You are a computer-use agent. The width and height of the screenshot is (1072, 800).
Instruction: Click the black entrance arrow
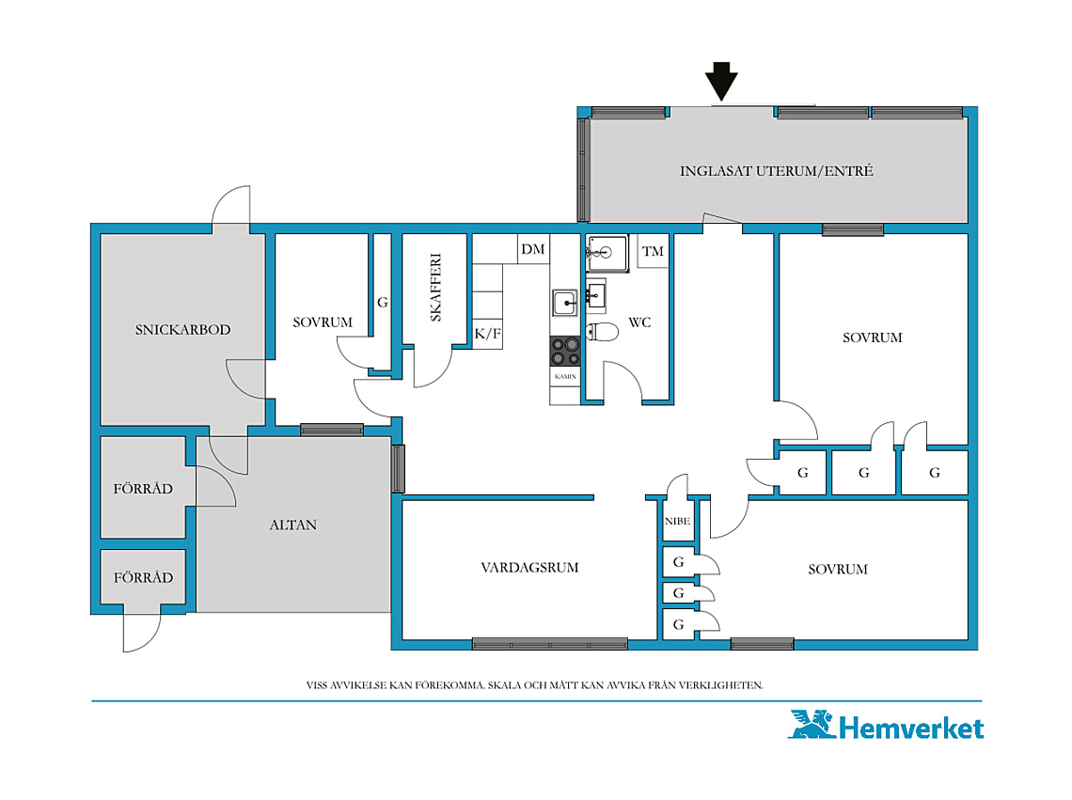coord(722,81)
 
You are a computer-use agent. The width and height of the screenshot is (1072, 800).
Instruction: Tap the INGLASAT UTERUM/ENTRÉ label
coord(776,171)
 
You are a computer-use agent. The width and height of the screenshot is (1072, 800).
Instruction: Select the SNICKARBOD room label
coord(182,330)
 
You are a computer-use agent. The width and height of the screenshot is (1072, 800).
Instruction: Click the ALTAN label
coord(293,525)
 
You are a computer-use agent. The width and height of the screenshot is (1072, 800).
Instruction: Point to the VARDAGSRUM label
coord(529,568)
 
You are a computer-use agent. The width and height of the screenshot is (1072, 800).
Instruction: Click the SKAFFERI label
coord(435,287)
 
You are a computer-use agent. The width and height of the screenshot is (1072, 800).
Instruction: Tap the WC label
coord(640,322)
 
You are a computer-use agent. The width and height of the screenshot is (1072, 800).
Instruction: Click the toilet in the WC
coord(602,332)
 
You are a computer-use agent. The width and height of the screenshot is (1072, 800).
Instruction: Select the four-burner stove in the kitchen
coord(565,351)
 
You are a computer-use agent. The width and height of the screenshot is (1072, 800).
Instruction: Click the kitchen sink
coord(565,302)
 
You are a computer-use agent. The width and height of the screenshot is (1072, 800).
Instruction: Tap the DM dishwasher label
coord(533,249)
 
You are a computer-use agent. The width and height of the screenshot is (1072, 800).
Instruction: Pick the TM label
coord(653,251)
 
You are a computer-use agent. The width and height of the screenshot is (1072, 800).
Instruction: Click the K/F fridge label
coord(488,334)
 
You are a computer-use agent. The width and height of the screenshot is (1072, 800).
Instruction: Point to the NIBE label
coord(677,521)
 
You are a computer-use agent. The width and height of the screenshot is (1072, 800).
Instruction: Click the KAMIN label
coord(565,377)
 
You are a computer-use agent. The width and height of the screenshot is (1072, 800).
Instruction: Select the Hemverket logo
coord(886,726)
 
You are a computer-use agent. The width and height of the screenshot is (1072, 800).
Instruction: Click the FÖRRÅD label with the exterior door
coord(143,578)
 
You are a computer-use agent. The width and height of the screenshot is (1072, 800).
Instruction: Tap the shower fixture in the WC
coord(607,253)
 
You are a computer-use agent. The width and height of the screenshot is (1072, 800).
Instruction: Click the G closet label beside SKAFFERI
coord(383,302)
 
